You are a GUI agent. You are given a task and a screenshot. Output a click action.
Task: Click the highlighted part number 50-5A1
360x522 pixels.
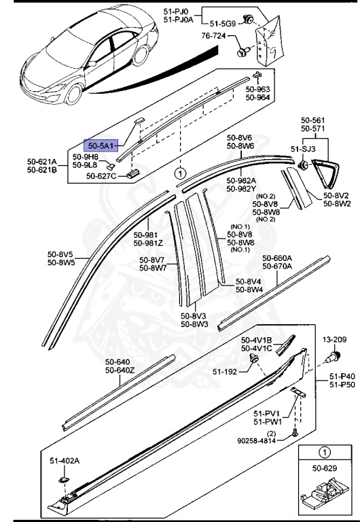101,145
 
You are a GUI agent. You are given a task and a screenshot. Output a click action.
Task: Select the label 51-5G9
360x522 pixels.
223,23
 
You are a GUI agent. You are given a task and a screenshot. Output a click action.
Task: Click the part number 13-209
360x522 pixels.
334,339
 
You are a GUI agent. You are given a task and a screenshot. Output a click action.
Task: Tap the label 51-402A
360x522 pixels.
65,461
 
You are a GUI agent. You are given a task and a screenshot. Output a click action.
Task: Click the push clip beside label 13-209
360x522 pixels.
334,355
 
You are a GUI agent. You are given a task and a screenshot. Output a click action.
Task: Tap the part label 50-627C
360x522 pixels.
103,176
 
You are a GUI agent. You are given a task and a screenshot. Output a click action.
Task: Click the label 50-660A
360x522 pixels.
278,258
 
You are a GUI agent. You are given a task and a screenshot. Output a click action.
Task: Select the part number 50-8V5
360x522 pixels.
60,254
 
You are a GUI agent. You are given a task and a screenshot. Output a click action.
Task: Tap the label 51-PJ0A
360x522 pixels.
178,20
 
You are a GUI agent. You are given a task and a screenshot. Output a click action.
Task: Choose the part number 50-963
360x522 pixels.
258,89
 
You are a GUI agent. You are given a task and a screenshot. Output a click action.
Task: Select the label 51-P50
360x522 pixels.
342,385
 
